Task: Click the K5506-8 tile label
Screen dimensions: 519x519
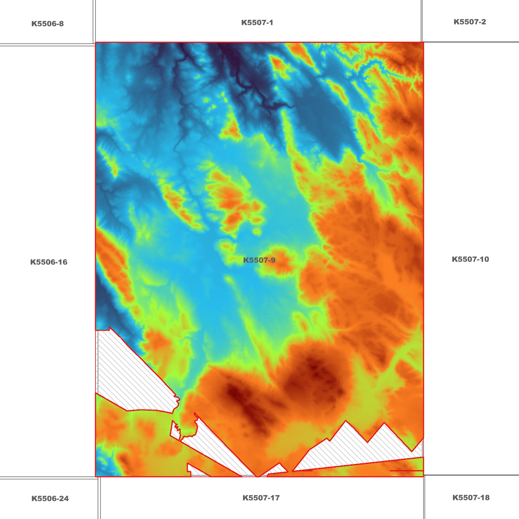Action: [47, 24]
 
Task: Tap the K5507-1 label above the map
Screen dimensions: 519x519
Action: [257, 23]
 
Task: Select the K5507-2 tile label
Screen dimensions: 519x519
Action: [469, 22]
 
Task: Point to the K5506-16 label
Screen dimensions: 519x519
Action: [49, 262]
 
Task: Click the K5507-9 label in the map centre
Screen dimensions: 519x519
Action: [259, 260]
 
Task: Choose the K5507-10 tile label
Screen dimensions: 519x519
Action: [470, 259]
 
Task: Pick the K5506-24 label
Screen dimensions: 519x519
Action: [50, 499]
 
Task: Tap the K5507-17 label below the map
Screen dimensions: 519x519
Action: [261, 498]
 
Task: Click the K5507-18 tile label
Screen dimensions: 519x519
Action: [471, 498]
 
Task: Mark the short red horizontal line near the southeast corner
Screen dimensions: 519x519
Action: [406, 471]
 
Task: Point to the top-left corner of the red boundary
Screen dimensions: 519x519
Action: [96, 43]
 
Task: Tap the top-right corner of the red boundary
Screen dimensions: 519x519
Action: [423, 42]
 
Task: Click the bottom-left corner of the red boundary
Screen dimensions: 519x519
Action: [96, 477]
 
